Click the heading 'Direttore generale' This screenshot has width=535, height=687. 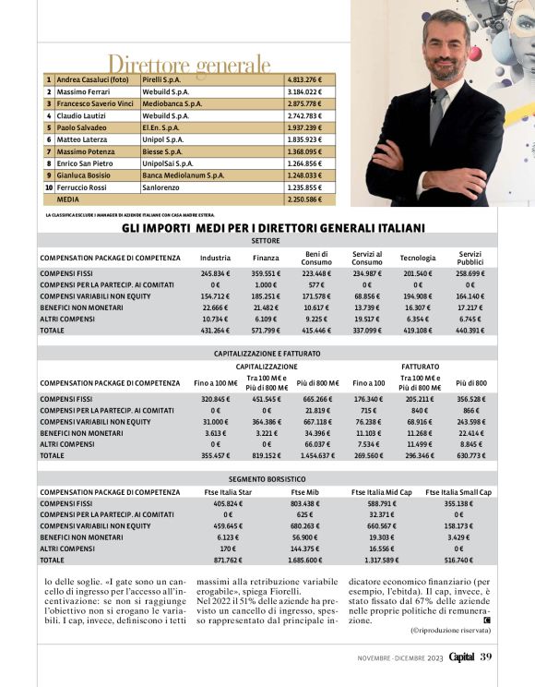[190, 65]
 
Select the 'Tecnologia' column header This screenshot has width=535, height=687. [418, 258]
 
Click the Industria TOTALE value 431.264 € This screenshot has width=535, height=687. [215, 330]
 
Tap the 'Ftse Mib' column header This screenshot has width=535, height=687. [304, 492]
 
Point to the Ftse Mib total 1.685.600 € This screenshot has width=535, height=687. [305, 560]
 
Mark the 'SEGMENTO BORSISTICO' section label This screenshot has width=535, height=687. [267, 479]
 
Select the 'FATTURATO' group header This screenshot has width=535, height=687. [421, 366]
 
